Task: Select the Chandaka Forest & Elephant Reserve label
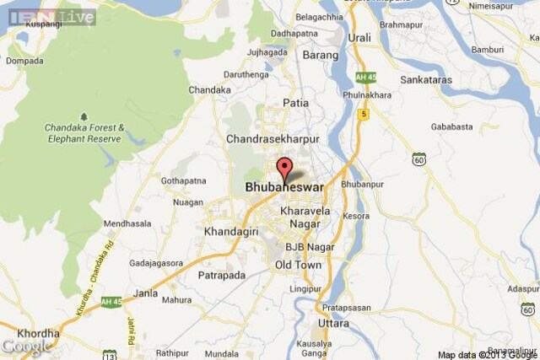84,132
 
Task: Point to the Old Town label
298,265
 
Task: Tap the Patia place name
294,104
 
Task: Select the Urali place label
359,38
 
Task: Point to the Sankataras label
424,80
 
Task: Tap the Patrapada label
221,275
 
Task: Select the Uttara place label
333,324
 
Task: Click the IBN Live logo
50,16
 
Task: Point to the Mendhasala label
128,223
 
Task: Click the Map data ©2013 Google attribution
487,354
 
